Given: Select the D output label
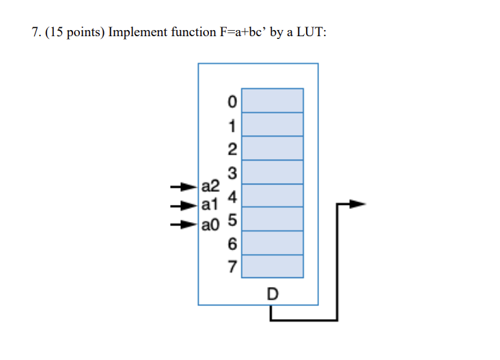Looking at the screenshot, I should pyautogui.click(x=273, y=294).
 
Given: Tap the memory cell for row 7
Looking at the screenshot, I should pyautogui.click(x=273, y=266).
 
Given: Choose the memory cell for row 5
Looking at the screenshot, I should pyautogui.click(x=273, y=219).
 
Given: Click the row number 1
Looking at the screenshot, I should pyautogui.click(x=232, y=126).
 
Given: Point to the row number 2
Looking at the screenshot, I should pyautogui.click(x=232, y=150).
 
